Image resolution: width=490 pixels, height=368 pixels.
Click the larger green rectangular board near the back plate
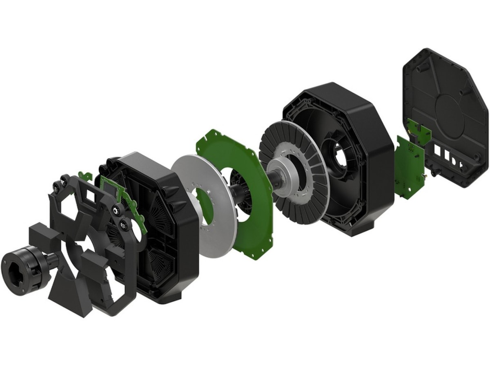[408, 168]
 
